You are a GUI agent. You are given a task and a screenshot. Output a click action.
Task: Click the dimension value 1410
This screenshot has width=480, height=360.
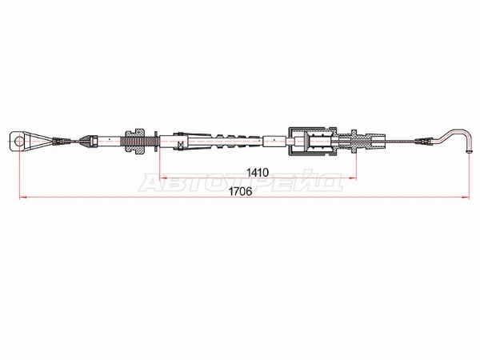[x=258, y=173]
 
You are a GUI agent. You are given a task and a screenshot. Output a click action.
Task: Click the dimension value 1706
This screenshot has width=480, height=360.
[x=240, y=192]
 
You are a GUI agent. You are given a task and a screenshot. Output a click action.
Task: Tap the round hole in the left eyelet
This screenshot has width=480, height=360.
[x=19, y=141]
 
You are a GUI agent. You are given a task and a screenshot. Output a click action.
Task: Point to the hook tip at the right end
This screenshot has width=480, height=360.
[x=469, y=151]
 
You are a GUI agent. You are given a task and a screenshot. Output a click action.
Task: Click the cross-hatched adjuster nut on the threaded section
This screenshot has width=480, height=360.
[x=134, y=141]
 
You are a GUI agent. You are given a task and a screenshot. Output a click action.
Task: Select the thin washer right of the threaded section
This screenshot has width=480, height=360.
[x=156, y=141]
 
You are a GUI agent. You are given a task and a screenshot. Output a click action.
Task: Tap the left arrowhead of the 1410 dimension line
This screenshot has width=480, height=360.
[x=163, y=178]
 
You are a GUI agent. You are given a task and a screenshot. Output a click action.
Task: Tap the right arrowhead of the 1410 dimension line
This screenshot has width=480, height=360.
[x=353, y=178]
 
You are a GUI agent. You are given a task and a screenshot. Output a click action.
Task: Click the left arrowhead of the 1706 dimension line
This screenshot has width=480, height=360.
[x=23, y=197]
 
